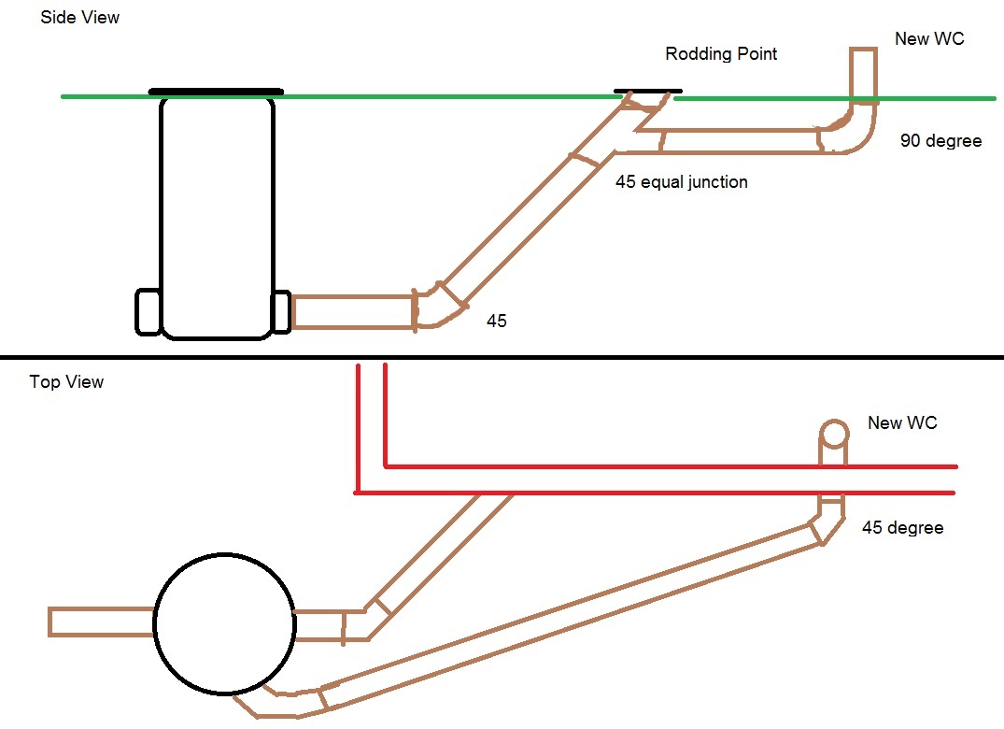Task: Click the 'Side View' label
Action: coord(80,18)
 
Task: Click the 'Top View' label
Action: coord(66,381)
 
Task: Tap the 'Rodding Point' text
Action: coord(721,53)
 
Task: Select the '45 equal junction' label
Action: coord(681,182)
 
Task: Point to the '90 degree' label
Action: coord(940,141)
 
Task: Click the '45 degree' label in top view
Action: coord(902,528)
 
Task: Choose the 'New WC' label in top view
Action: coord(902,422)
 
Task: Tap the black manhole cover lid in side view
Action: coord(216,92)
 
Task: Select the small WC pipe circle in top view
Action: coord(833,433)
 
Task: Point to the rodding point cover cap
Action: coord(644,92)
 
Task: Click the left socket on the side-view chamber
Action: coord(148,312)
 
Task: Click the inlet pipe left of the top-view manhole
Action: coord(102,622)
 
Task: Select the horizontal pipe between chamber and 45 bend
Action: coord(354,312)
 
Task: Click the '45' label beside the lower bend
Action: coord(496,321)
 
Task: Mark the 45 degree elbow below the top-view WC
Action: coord(827,521)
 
